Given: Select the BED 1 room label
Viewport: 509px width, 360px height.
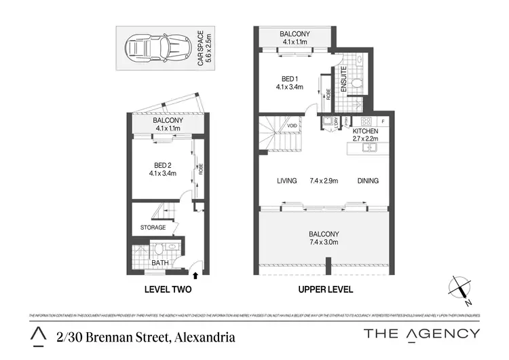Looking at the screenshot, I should pos(289,82).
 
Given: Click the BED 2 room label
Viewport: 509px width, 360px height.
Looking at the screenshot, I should pos(162,168).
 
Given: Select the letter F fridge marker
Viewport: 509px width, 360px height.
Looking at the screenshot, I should pos(383,121).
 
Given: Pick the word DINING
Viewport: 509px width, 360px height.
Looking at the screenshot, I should pos(366,181).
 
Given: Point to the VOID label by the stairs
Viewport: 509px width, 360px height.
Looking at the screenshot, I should pos(293,125).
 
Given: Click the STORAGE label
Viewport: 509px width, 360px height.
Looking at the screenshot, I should pos(153,228).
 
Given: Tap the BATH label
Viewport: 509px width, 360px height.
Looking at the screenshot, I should pos(160,262).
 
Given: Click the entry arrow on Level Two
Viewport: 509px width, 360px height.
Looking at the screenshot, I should pos(196,275).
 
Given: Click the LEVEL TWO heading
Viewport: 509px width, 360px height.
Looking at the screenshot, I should pos(168,289).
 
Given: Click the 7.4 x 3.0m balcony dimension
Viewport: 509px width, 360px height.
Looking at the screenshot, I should pos(324,242).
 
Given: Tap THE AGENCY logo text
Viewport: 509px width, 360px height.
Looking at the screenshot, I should pos(421,334).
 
